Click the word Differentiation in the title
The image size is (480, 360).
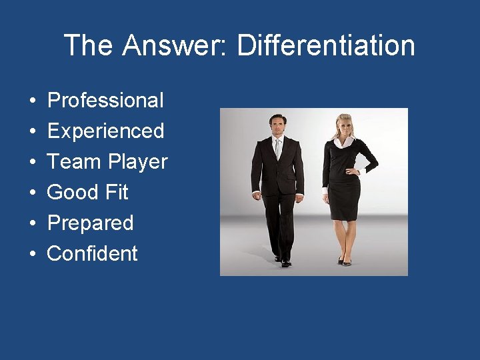[x=326, y=45]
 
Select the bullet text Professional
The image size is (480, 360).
[x=105, y=101]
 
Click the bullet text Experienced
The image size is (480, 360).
[x=105, y=131]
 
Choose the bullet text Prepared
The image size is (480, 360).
[x=90, y=223]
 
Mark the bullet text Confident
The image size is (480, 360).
[x=92, y=253]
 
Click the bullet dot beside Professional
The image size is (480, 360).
[x=33, y=101]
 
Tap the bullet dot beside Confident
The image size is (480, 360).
[x=33, y=254]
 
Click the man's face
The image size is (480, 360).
[x=277, y=125]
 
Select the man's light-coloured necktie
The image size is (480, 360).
[x=278, y=148]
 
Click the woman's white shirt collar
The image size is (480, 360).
[x=345, y=142]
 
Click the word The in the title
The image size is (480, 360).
[x=89, y=45]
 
